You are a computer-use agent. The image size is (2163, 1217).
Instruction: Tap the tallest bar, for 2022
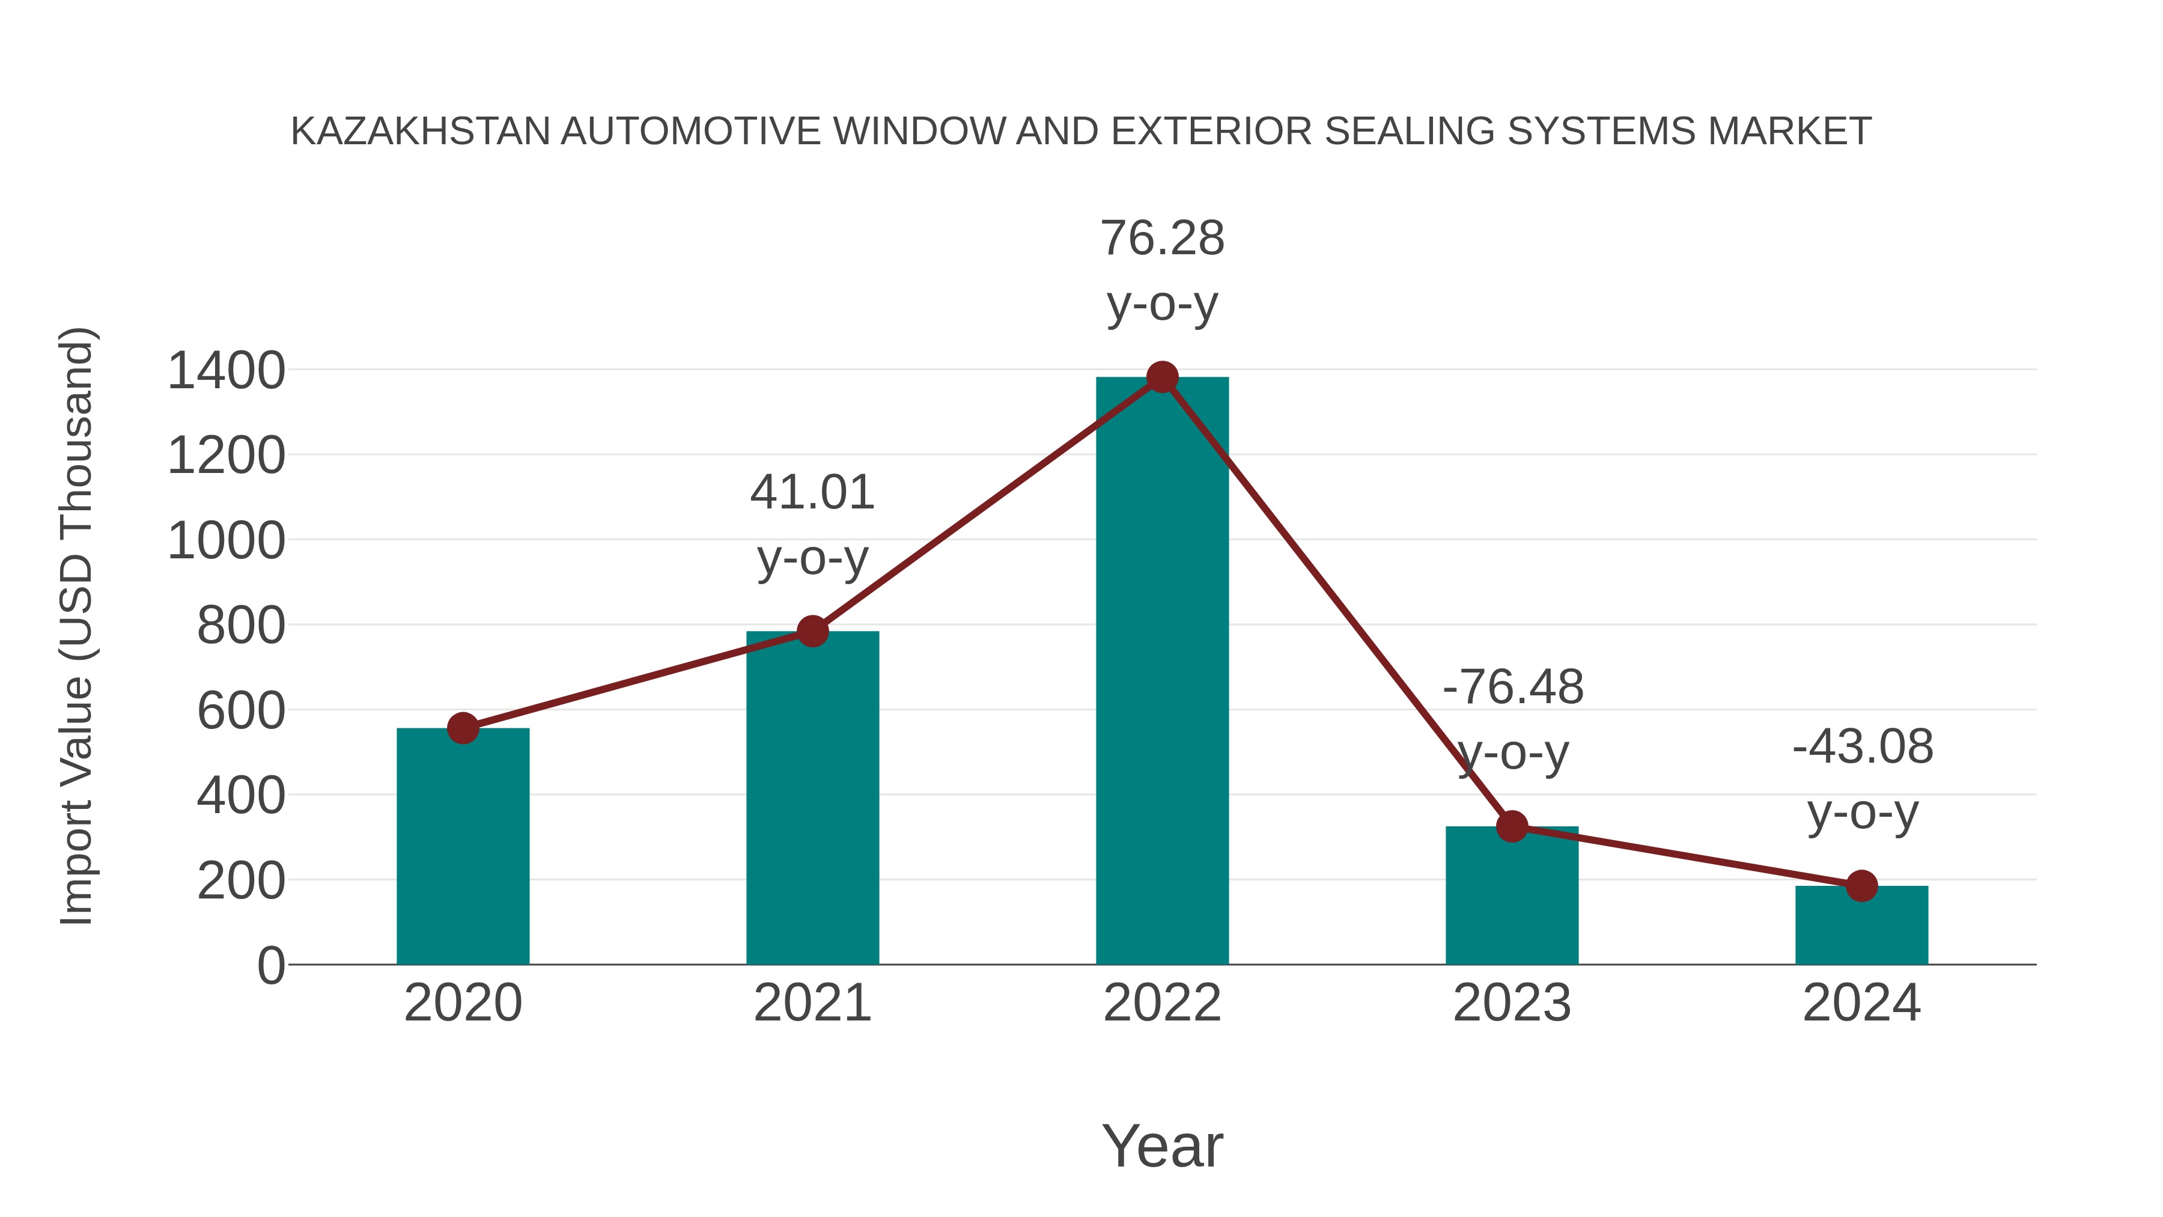tap(1162, 671)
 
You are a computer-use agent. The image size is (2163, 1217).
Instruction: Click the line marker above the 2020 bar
tap(463, 728)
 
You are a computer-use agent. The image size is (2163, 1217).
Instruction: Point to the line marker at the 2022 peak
tap(1162, 377)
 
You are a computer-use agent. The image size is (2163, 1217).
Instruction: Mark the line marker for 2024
tap(1861, 885)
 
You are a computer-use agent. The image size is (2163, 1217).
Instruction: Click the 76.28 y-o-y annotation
tap(1162, 239)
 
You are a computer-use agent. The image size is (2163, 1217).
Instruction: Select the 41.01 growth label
tap(812, 493)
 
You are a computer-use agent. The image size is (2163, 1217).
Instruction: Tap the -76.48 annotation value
tap(1512, 688)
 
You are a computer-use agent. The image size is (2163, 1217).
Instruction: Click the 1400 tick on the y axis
tap(226, 371)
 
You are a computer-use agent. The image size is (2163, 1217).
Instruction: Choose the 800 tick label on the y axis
tap(241, 627)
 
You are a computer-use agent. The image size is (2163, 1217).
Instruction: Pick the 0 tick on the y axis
tap(270, 966)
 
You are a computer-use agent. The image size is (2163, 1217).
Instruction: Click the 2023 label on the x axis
tap(1512, 1003)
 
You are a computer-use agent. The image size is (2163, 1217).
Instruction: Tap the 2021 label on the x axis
tap(812, 1003)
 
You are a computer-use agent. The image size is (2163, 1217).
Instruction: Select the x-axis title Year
tap(1162, 1147)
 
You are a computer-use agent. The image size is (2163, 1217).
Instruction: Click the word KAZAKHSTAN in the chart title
tap(420, 132)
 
